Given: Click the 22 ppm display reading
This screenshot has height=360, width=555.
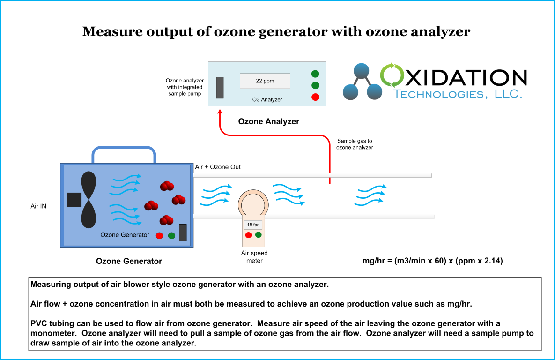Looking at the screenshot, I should [x=265, y=81].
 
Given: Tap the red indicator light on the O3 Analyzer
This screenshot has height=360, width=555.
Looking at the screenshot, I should [x=315, y=97].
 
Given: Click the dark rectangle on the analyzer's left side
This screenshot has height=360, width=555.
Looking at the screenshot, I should [x=220, y=88].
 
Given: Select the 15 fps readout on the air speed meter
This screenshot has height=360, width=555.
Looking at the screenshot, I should [x=253, y=225].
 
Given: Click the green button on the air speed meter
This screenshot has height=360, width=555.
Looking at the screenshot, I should [x=258, y=235].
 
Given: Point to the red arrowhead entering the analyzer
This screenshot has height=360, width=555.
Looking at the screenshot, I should [x=220, y=113].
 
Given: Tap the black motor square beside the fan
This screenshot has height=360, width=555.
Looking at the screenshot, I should [x=74, y=200].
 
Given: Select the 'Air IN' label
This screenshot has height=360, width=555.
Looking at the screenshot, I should [x=38, y=206].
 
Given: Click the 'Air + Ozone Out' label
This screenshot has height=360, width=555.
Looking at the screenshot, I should [x=218, y=167].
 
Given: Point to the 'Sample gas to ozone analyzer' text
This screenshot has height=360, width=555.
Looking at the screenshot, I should [x=355, y=144].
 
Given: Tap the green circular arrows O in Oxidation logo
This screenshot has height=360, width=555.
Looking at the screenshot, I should [x=393, y=76].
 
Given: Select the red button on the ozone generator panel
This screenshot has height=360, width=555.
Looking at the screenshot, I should [x=159, y=235].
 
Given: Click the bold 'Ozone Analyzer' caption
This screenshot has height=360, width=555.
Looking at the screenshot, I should [x=268, y=121].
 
